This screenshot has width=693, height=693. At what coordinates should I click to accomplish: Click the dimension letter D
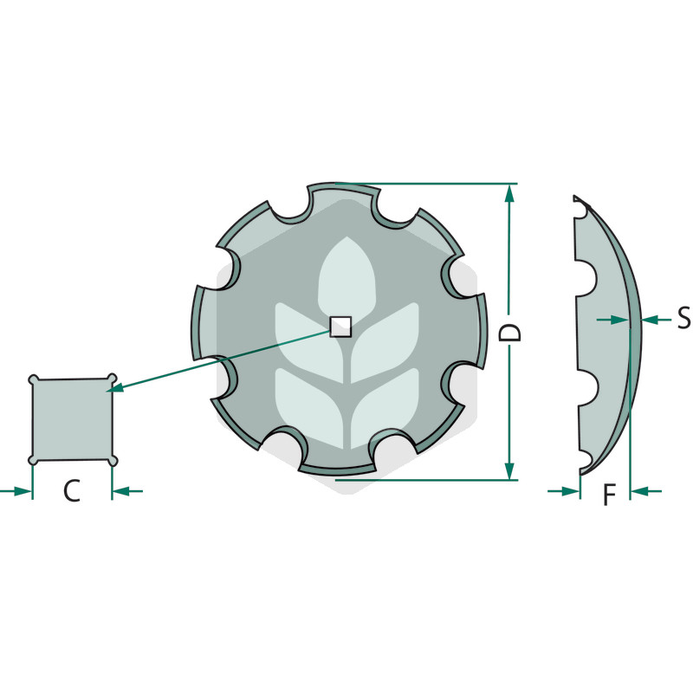512,334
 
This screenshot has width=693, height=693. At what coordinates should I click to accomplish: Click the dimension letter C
72,491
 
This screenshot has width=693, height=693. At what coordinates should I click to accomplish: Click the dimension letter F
609,495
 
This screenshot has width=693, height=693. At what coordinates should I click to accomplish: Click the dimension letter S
683,319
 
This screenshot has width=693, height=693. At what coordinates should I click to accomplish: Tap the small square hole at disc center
340,326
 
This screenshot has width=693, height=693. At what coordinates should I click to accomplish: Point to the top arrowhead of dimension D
509,192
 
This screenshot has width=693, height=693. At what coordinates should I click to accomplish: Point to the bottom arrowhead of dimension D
509,471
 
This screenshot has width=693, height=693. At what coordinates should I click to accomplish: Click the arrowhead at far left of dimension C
24,491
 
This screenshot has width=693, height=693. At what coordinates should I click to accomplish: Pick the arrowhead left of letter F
572,491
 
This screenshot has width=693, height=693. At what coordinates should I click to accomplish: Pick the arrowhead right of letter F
638,491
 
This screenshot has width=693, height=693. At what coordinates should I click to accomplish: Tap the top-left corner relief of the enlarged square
34,379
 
